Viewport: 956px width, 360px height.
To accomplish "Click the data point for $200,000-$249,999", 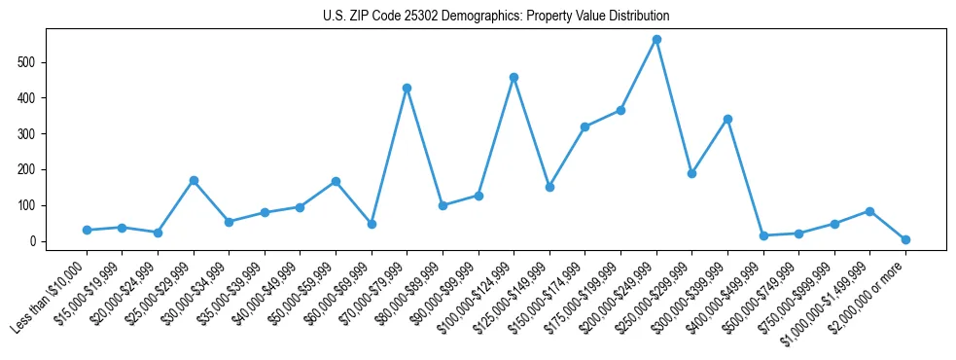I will [x=656, y=40].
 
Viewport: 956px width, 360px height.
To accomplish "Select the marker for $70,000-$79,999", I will [x=407, y=89].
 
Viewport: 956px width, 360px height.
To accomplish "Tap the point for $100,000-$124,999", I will [x=513, y=77].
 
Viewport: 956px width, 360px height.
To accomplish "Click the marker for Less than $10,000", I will [x=87, y=230].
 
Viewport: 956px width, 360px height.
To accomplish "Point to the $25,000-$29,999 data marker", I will [x=194, y=180].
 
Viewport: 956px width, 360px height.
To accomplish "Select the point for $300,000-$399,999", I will [x=727, y=119].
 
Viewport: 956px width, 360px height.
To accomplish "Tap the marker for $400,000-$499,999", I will [x=763, y=235].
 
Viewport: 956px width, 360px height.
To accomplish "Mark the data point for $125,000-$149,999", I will [x=549, y=187].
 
